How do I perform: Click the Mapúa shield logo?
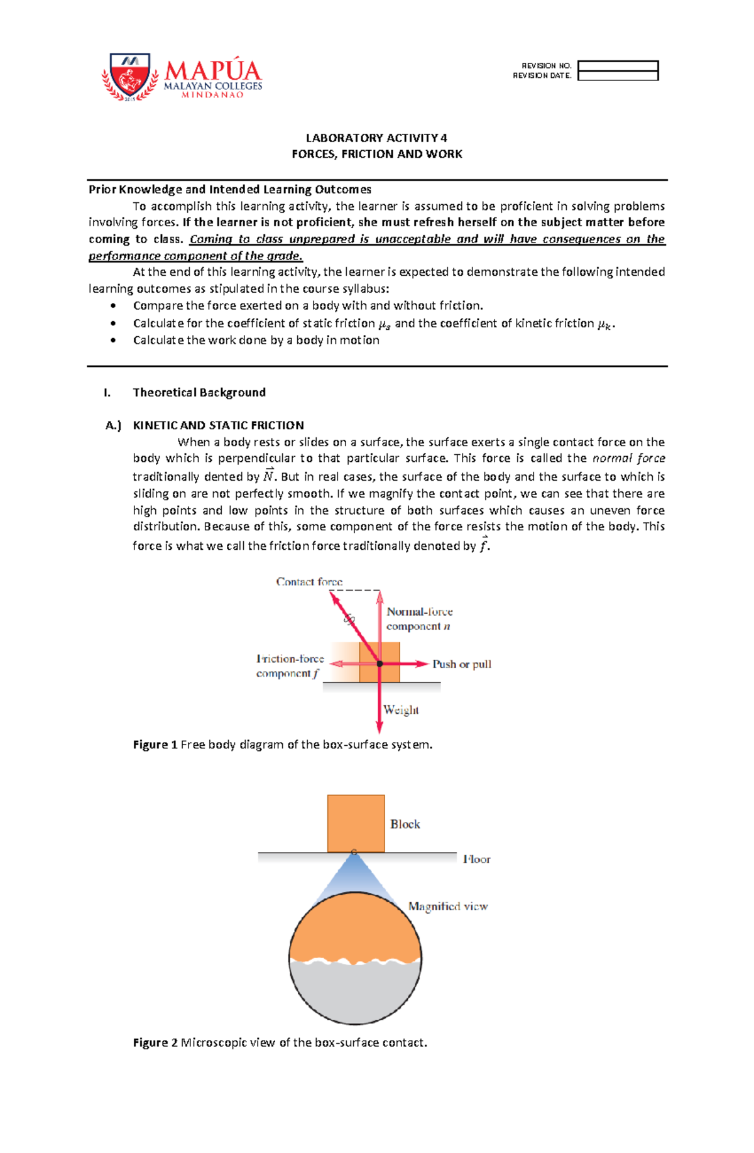[129, 76]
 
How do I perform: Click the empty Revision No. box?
[618, 66]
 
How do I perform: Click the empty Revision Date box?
[618, 76]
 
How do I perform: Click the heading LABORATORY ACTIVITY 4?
[376, 138]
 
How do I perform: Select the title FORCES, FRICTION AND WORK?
[376, 154]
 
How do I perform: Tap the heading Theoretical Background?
[199, 393]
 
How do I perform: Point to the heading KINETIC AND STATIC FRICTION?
[218, 425]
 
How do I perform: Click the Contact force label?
[309, 582]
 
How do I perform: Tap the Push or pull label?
[462, 664]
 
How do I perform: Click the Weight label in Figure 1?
[401, 710]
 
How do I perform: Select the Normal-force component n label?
[419, 619]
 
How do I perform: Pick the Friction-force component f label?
[290, 666]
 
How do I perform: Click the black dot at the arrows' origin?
[380, 664]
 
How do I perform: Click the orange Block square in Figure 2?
[356, 823]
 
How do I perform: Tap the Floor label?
[476, 859]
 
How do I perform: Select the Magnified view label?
[448, 906]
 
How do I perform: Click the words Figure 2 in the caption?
[155, 1042]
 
